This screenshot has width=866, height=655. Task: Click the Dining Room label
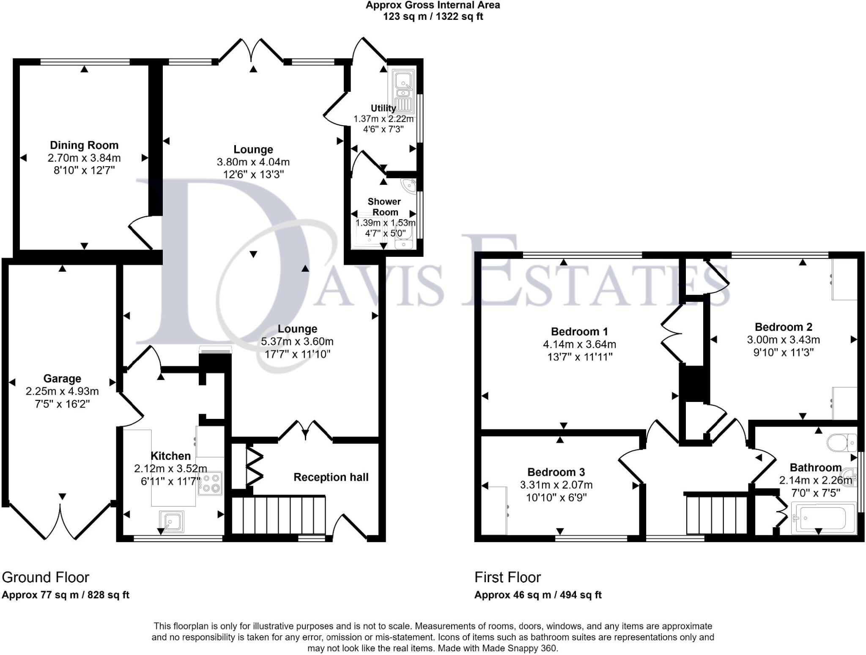[84, 145]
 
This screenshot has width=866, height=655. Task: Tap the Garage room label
[62, 379]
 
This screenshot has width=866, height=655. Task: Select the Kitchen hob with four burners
[210, 483]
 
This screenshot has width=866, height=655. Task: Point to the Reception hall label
[331, 477]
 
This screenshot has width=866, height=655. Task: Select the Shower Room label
[384, 206]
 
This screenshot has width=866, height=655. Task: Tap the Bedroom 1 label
[579, 331]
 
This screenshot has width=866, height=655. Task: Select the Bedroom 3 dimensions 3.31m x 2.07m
[556, 485]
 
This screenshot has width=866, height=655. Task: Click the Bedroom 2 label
[783, 327]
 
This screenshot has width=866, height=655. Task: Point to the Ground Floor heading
[46, 577]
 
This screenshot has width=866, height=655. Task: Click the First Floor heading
[507, 577]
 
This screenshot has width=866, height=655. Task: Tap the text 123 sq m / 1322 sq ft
[433, 17]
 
